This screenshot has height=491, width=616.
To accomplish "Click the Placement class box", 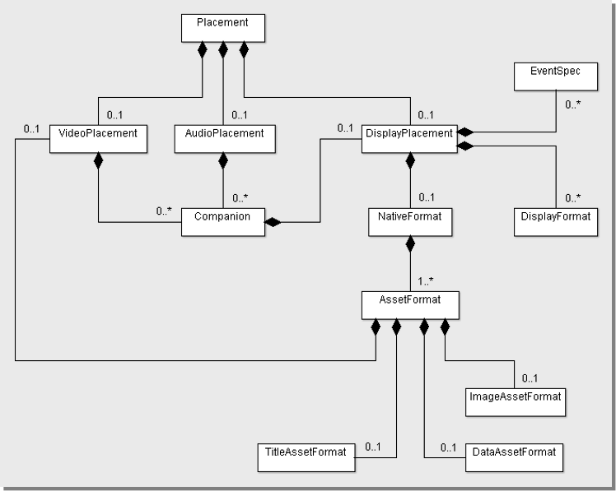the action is pos(223,28).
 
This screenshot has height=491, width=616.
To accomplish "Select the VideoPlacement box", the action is pos(98,139).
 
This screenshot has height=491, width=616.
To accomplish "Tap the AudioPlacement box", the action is pos(225,139).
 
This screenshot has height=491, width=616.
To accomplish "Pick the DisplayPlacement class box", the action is pos(409,139).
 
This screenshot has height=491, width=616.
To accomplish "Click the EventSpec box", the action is pos(556,76).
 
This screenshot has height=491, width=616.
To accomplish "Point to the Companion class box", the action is pos(223,222).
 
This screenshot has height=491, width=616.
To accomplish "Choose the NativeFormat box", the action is pos(410,222).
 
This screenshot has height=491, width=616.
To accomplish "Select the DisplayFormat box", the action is pos(556,222).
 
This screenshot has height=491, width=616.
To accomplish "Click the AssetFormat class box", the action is pos(410,305).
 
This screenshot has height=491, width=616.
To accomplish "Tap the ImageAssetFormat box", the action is pos(516,402).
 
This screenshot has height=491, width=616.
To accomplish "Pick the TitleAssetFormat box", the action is pos(306,457).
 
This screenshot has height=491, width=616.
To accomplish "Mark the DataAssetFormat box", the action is pos(514,457).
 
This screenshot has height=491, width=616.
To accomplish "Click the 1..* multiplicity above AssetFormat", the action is pos(426,281).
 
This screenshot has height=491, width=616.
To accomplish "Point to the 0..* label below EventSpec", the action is pos(573,104).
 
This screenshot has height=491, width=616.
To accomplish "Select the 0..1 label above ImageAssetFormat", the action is pos(530,378).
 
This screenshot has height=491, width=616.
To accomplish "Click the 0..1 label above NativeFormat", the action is pos(427,197).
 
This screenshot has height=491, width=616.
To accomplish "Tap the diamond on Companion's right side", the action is pos(273,222).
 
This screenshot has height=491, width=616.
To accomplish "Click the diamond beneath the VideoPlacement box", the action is pos(98,161).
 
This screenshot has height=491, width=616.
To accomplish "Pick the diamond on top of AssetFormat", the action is pos(410,244).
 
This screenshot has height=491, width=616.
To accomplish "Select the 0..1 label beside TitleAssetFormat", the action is pos(373,447).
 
